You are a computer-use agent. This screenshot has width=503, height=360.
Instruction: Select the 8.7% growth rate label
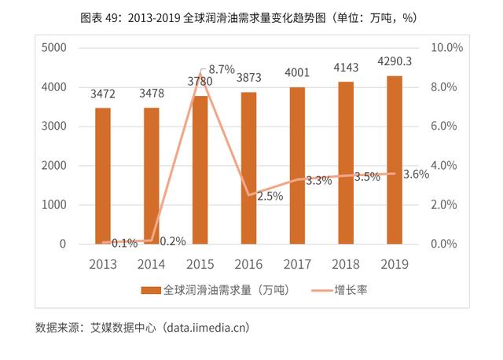[x=221, y=70]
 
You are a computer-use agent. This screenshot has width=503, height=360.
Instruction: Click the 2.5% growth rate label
[x=270, y=197]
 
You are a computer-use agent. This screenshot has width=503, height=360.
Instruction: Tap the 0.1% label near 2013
[x=123, y=243]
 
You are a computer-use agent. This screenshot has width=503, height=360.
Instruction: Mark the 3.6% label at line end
[x=416, y=174]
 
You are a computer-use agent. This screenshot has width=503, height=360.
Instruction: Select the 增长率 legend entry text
[x=351, y=291]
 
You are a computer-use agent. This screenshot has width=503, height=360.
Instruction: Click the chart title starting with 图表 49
[x=251, y=17]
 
